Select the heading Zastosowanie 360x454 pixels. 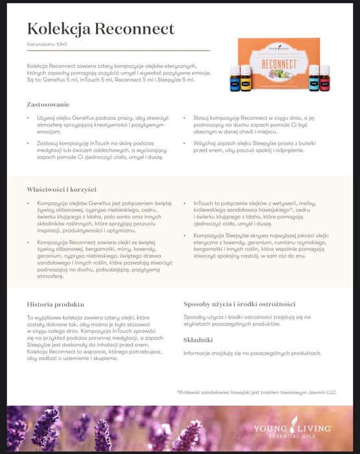point(48,104)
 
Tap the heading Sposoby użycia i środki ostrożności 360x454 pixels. point(239,304)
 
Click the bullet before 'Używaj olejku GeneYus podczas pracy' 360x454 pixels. point(28,118)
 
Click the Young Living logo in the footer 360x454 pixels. point(292,428)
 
